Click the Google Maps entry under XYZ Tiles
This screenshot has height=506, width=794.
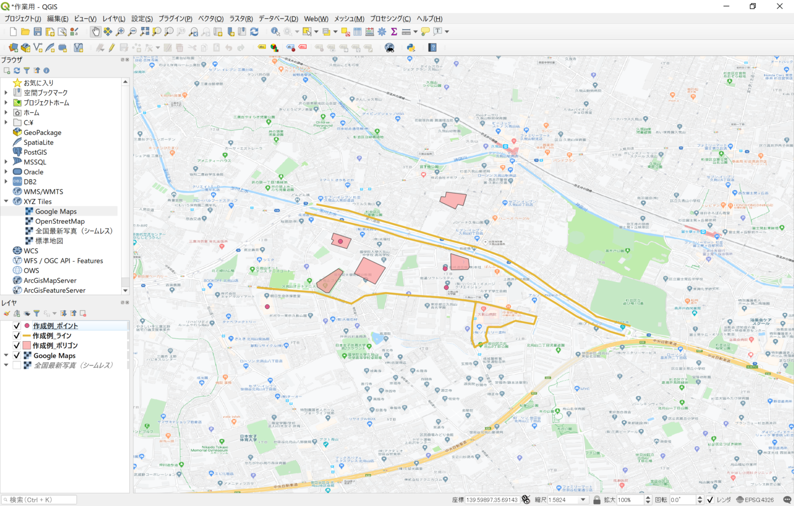click(x=56, y=211)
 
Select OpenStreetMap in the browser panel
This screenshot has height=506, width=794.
click(x=59, y=221)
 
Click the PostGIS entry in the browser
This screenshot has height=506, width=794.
click(x=35, y=152)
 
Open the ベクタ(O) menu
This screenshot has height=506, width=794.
click(x=211, y=19)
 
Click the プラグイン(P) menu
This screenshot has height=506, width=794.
click(x=175, y=19)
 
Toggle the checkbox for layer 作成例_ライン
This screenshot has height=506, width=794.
click(x=17, y=335)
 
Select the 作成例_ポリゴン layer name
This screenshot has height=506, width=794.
click(x=55, y=345)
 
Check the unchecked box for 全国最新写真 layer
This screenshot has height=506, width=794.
click(x=17, y=365)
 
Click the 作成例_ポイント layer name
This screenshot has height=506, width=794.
click(x=55, y=326)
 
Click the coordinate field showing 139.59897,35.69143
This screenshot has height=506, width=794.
click(x=492, y=500)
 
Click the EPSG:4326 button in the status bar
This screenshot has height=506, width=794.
click(x=755, y=500)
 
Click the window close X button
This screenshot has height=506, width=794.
click(x=780, y=6)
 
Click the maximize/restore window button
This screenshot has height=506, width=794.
click(x=753, y=6)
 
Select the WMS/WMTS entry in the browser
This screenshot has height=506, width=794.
click(x=43, y=191)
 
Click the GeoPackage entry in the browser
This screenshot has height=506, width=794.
click(x=42, y=132)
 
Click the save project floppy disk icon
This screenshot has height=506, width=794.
click(x=38, y=32)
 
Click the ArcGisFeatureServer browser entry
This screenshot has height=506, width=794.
click(x=54, y=290)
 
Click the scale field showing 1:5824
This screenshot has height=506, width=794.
click(x=563, y=500)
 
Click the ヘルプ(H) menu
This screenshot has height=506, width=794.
click(x=429, y=19)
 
